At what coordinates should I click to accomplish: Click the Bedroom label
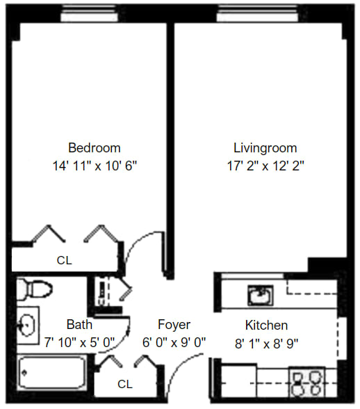point(95,148)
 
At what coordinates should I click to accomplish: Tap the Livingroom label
point(265,148)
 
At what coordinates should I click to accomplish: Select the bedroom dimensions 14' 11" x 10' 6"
point(95,166)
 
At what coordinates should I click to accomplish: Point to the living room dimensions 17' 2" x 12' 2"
point(265,166)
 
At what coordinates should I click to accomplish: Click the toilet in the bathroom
point(33,289)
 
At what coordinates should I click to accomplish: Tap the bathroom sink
point(27,326)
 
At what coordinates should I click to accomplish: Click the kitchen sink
point(261,295)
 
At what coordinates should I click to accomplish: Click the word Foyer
point(174,325)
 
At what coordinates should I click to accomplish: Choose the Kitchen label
point(266,326)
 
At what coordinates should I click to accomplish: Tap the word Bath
point(79,325)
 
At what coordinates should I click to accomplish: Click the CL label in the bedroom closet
point(65,260)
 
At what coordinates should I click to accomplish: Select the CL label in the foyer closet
point(125,384)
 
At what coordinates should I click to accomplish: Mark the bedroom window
point(89,13)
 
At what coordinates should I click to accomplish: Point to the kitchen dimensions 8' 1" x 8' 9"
point(266,344)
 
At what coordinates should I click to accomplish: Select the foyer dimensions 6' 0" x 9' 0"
point(174,342)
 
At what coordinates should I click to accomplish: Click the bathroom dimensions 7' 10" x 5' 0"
point(79,342)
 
